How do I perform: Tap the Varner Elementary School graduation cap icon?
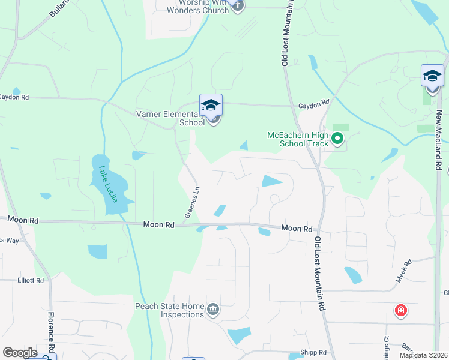211,106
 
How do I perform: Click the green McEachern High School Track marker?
337,140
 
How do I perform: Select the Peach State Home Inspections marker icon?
213,310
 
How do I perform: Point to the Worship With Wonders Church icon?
237,6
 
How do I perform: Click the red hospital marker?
400,311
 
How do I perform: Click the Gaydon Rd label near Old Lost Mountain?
314,104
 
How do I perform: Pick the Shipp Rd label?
313,353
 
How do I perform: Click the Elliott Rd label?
31,280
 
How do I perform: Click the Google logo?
20,353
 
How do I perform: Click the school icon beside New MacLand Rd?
432,76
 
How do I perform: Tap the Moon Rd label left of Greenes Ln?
158,224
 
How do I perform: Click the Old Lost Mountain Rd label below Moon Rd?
319,273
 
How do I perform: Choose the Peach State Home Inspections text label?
169,310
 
